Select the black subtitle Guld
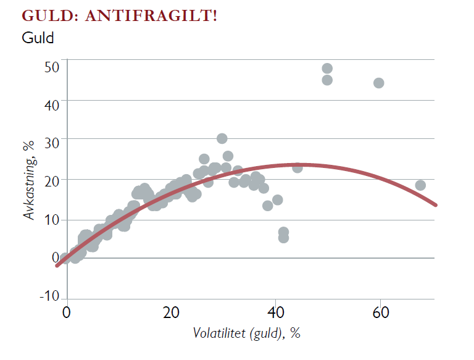click(x=38, y=38)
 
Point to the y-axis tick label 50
click(x=52, y=67)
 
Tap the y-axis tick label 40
click(x=52, y=105)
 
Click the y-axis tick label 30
click(x=52, y=144)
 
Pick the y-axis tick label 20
click(x=52, y=183)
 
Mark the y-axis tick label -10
click(x=49, y=296)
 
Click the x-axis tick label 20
click(x=171, y=312)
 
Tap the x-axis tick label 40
click(x=276, y=312)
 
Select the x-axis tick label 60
click(x=380, y=312)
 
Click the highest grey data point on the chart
click(x=327, y=69)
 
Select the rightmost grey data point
click(x=420, y=185)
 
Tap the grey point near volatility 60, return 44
click(x=379, y=83)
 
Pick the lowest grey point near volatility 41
click(x=283, y=238)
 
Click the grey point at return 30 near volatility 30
click(x=222, y=138)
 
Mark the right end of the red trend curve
click(x=436, y=204)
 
